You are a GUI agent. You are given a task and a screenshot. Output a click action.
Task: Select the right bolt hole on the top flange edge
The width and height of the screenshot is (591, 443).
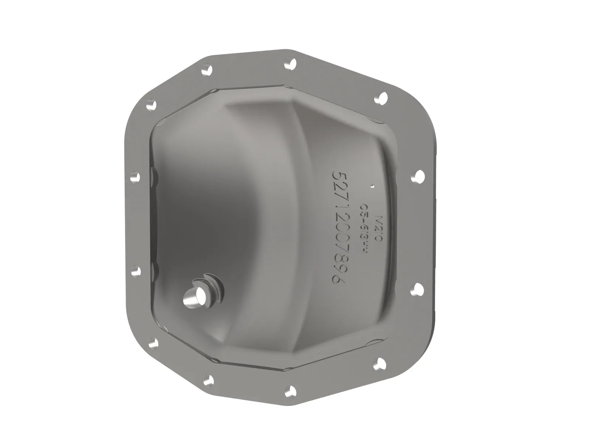291,64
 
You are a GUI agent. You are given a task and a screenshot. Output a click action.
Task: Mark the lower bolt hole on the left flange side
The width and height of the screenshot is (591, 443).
136,271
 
